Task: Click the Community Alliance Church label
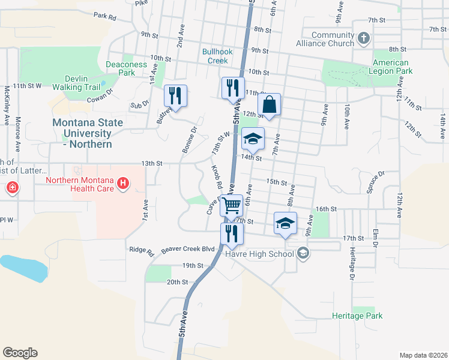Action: click(324, 39)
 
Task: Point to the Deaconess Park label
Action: click(126, 68)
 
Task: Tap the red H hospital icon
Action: click(123, 182)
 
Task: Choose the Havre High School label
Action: click(259, 253)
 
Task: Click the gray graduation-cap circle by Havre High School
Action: click(303, 253)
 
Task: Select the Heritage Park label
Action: click(357, 316)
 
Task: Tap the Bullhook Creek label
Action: click(215, 56)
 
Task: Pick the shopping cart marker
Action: click(231, 206)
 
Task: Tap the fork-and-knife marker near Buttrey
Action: click(175, 95)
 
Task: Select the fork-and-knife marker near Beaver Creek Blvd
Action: click(231, 233)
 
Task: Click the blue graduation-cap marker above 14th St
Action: click(253, 139)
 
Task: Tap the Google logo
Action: click(20, 353)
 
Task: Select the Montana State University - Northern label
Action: click(88, 133)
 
